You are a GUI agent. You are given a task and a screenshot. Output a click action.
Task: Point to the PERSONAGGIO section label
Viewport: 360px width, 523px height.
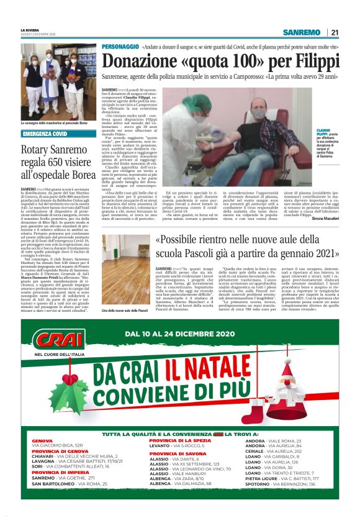[120, 47]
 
